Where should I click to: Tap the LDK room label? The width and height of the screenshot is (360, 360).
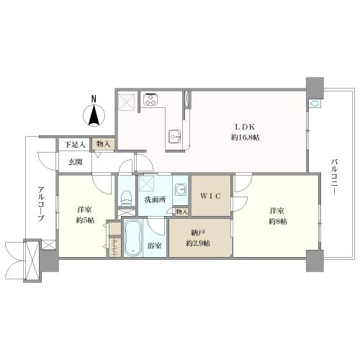(245, 127)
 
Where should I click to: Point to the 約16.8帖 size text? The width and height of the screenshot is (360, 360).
(245, 138)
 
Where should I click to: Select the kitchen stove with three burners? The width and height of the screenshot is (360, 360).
(150, 99)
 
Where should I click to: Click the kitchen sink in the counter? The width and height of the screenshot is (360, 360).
(175, 137)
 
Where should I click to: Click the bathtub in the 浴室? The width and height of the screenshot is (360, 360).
(132, 238)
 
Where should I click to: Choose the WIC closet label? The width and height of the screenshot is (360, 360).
(211, 196)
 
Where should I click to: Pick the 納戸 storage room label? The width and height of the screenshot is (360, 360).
(198, 233)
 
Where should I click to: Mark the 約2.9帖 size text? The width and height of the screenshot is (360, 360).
(198, 243)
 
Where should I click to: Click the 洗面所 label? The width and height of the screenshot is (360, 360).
(156, 199)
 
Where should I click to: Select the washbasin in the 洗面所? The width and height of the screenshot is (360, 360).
(181, 190)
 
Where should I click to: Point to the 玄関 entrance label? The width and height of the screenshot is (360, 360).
(76, 162)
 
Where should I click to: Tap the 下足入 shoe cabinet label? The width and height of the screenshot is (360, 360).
(75, 145)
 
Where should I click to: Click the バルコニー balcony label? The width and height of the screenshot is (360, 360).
(334, 176)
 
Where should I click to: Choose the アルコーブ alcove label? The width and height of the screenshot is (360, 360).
(41, 204)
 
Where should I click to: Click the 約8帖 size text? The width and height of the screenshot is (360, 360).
(277, 221)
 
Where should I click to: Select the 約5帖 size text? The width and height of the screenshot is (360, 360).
(85, 220)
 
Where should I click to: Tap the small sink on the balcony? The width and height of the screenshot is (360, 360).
(315, 104)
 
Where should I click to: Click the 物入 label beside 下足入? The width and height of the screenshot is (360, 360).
(104, 144)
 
